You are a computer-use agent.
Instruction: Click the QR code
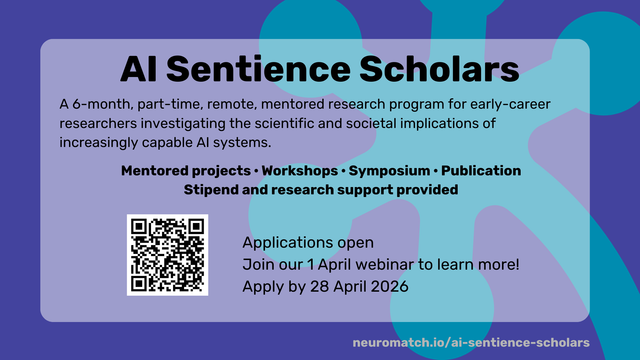(167, 255)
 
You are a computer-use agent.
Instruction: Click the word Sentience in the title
(258, 69)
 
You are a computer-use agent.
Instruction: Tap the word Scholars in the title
(439, 69)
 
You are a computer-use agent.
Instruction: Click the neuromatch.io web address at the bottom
(471, 342)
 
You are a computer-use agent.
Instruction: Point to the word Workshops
(300, 171)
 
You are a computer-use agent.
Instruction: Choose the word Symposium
(389, 171)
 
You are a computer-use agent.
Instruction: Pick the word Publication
(481, 171)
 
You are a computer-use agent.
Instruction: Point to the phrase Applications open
(308, 242)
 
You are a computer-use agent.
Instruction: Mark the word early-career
(510, 104)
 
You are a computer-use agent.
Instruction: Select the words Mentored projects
(186, 171)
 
